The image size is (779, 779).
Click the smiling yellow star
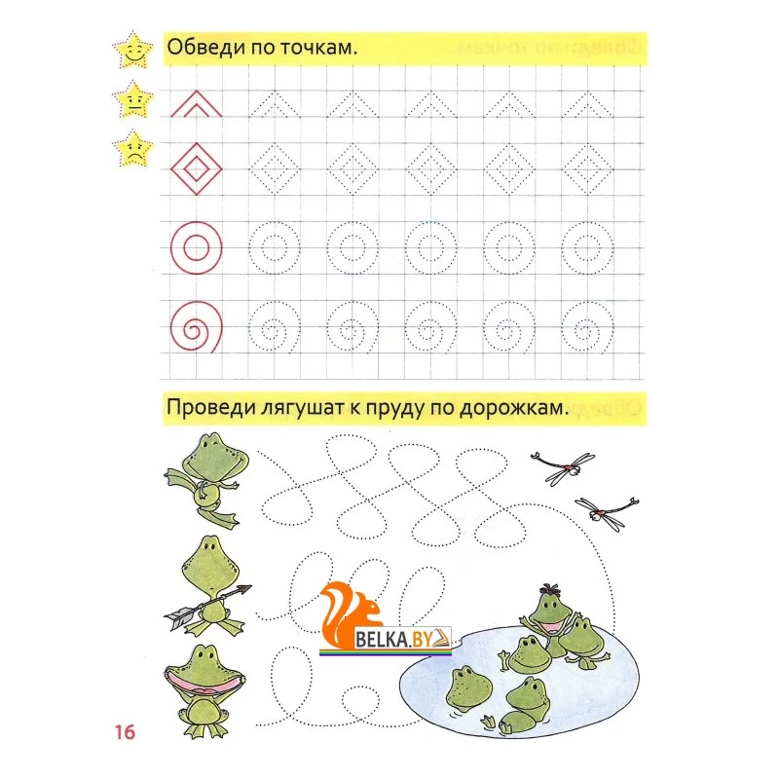tap(133, 51)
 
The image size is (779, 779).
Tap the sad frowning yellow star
tap(133, 149)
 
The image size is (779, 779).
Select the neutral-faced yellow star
tap(133, 100)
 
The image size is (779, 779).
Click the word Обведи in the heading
tap(205, 48)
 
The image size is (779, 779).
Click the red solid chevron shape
tap(197, 104)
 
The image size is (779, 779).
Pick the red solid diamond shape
tap(197, 168)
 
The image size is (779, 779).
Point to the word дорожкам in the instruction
tap(513, 408)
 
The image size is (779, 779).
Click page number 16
tap(125, 732)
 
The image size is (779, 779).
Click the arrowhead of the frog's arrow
tap(244, 589)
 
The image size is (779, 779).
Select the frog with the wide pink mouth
tap(204, 690)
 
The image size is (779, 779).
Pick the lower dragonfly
tap(607, 512)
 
